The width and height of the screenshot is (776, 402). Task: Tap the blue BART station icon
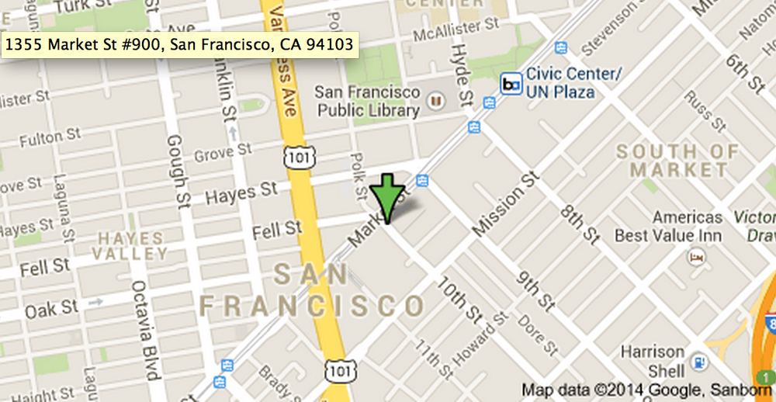click(511, 84)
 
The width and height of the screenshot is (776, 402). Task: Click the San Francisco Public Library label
click(368, 101)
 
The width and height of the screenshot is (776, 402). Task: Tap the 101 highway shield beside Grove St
click(296, 157)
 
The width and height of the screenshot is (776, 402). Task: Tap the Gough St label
click(175, 160)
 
